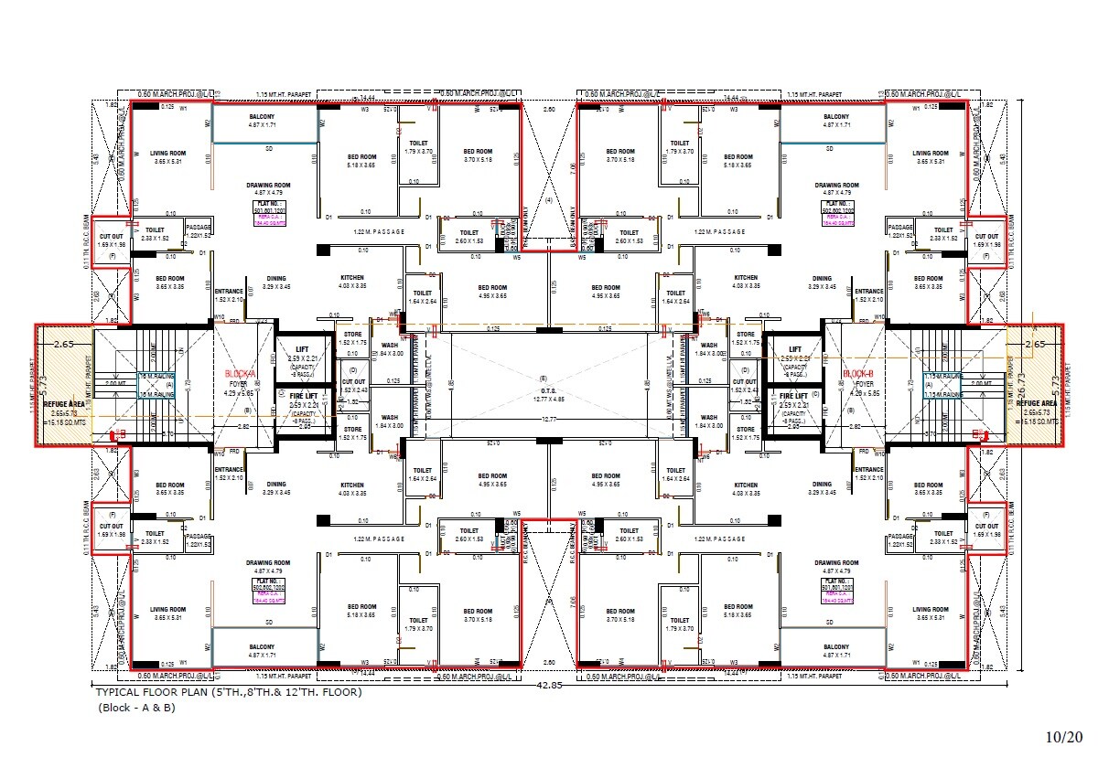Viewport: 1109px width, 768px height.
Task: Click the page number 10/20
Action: point(1064,736)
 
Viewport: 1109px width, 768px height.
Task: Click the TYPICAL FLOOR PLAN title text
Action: point(229,692)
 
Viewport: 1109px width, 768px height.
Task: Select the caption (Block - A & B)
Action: point(136,708)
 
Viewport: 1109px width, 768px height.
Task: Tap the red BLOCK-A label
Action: point(237,374)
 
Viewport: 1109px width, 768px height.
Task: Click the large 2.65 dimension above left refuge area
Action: point(63,345)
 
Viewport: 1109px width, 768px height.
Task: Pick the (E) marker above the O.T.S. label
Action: point(544,379)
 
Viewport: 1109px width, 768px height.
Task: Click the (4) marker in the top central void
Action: point(549,199)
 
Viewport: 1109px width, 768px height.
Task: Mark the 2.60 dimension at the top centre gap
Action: point(549,110)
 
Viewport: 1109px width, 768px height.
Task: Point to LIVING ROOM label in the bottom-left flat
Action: point(168,610)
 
